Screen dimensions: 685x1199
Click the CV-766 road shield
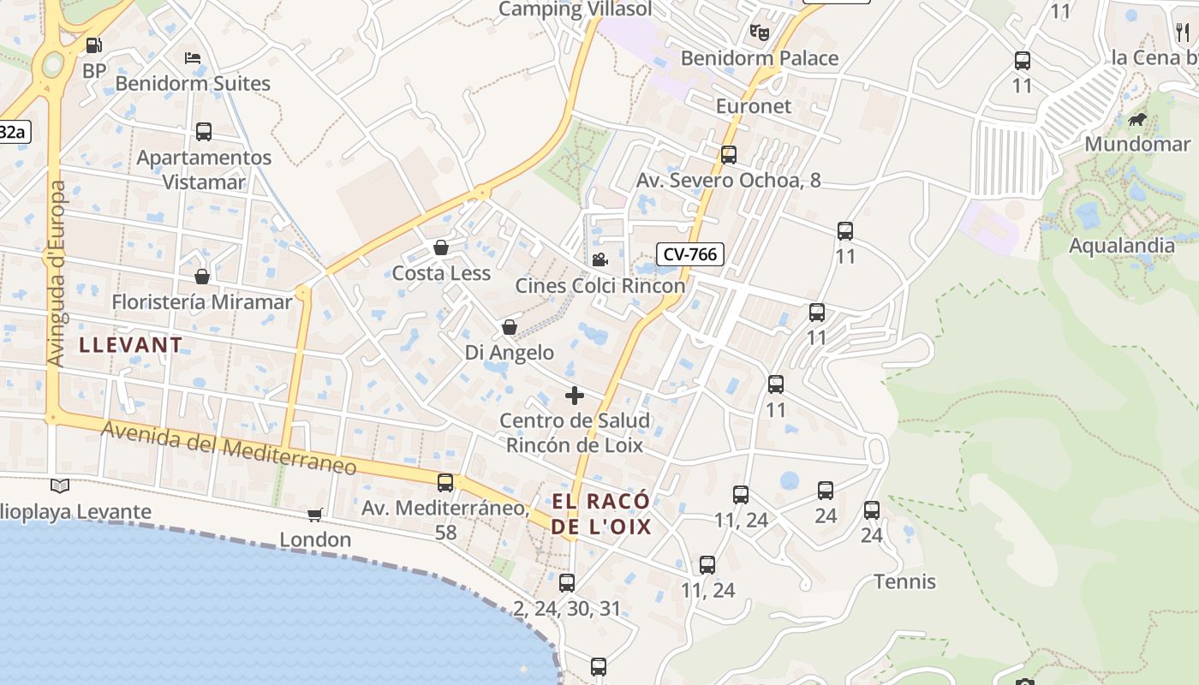(690, 253)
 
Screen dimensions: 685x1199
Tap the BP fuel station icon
(93, 46)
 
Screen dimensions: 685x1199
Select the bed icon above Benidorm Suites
(193, 58)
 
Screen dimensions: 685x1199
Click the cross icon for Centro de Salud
(575, 395)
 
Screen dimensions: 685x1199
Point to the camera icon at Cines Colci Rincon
(599, 259)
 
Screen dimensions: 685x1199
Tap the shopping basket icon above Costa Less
(441, 247)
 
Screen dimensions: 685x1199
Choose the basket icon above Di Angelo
(510, 327)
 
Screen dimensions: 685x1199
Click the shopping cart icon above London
(314, 515)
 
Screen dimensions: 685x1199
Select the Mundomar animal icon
(1137, 119)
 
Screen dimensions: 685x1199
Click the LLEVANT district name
(131, 345)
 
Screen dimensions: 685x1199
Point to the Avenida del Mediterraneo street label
(229, 449)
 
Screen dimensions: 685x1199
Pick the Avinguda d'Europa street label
(57, 274)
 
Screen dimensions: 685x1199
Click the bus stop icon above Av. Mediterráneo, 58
(445, 482)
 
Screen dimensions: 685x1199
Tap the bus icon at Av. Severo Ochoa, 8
(729, 155)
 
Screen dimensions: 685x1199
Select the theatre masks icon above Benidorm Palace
(759, 33)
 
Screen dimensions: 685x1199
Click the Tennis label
(905, 582)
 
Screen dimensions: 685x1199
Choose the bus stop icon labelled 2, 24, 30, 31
(567, 583)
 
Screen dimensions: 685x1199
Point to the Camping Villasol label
(575, 9)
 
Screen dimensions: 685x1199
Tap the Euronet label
(754, 106)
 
